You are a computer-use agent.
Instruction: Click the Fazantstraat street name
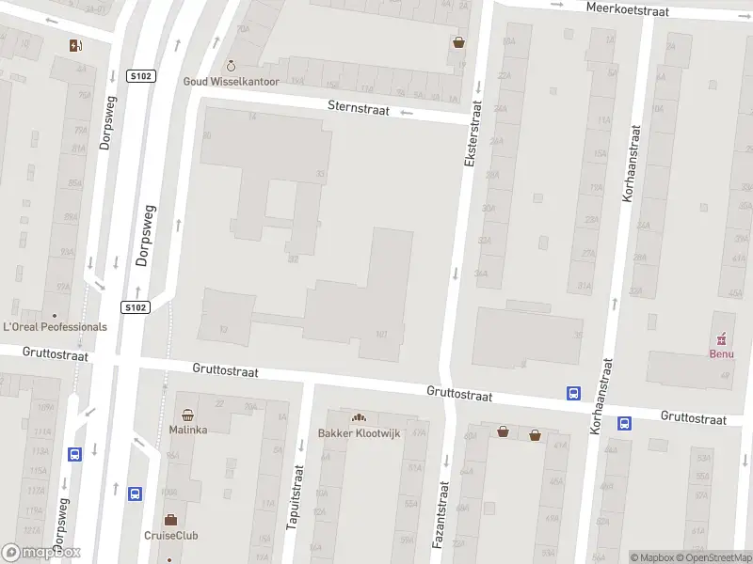(440, 515)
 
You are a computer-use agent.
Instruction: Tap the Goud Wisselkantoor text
(231, 82)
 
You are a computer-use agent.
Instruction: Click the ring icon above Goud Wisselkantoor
(231, 66)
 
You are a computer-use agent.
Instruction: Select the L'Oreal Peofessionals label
(56, 327)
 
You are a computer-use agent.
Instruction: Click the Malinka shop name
(188, 430)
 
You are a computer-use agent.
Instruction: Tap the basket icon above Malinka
(188, 415)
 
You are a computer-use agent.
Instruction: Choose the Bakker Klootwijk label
(358, 432)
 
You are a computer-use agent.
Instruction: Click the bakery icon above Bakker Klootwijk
(358, 417)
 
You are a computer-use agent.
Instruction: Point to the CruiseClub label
(170, 536)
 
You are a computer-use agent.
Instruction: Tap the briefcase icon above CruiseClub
(170, 520)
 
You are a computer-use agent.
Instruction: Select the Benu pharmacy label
(721, 353)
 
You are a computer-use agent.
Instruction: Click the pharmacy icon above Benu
(722, 338)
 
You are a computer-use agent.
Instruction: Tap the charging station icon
(75, 45)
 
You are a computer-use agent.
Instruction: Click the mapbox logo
(41, 553)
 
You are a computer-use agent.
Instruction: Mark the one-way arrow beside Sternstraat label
(407, 113)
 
